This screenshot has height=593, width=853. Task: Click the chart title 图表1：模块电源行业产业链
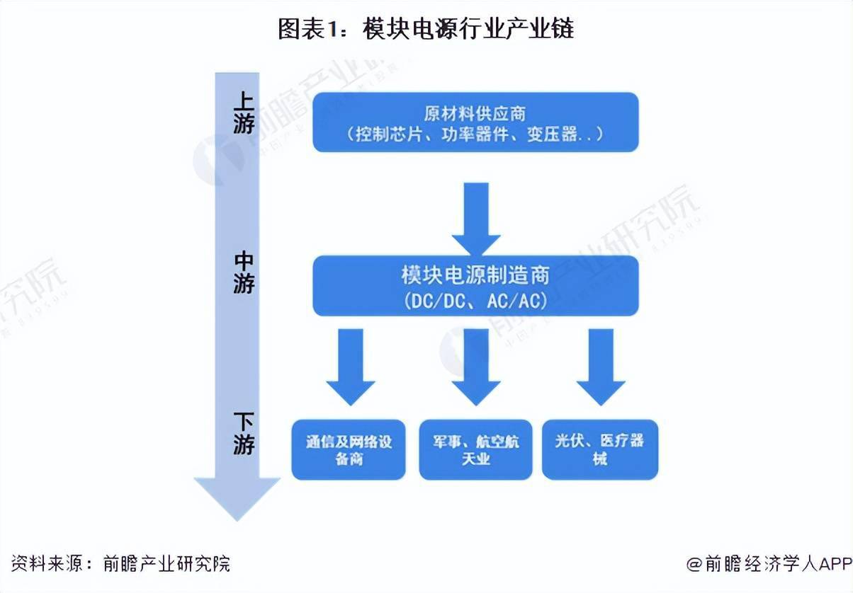426,30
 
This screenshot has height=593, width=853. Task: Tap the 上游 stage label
243,112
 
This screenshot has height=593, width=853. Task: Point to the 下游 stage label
243,434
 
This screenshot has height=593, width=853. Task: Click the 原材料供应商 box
475,122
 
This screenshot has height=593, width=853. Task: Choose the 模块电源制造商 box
475,286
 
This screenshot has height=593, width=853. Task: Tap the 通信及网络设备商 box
350,449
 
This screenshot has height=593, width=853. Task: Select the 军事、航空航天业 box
475,449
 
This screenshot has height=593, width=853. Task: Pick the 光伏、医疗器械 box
600,449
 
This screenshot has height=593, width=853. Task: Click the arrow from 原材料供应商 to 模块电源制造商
475,217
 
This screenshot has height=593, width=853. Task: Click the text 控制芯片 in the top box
382,134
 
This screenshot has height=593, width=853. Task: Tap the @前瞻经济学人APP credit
768,563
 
